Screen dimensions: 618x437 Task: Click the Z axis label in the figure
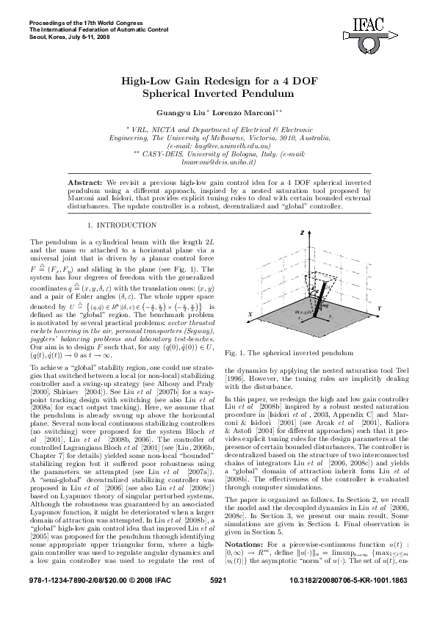302,232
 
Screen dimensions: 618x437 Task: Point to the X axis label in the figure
250,313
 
